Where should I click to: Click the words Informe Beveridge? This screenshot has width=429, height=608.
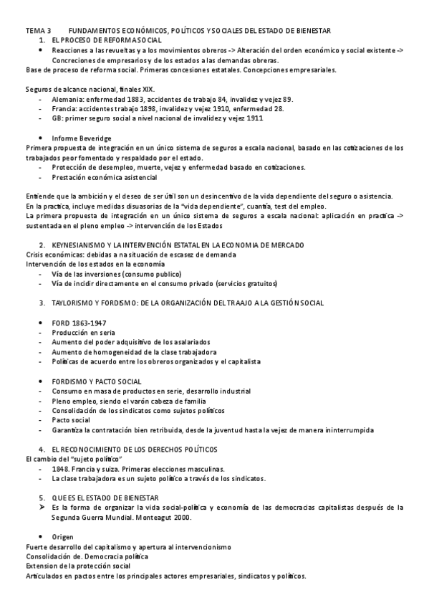(x=80, y=136)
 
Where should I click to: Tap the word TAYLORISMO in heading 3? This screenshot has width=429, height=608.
(x=74, y=303)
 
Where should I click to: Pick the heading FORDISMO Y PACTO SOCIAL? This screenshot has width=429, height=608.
(x=97, y=381)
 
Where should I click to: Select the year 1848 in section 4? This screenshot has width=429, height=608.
(x=61, y=468)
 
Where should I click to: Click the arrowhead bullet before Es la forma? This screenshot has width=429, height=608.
(x=42, y=507)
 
